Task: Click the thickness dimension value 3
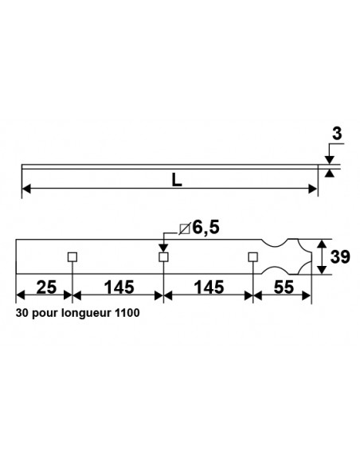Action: pyautogui.click(x=336, y=135)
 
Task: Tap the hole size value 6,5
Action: pyautogui.click(x=205, y=229)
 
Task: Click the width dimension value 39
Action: pyautogui.click(x=342, y=257)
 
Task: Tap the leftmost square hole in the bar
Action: pyautogui.click(x=72, y=256)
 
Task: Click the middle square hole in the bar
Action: pyautogui.click(x=163, y=256)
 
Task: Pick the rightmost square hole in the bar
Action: pyautogui.click(x=253, y=256)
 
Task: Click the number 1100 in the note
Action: pyautogui.click(x=127, y=314)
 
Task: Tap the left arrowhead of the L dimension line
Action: pyautogui.click(x=25, y=188)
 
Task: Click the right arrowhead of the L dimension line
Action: pyautogui.click(x=312, y=188)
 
